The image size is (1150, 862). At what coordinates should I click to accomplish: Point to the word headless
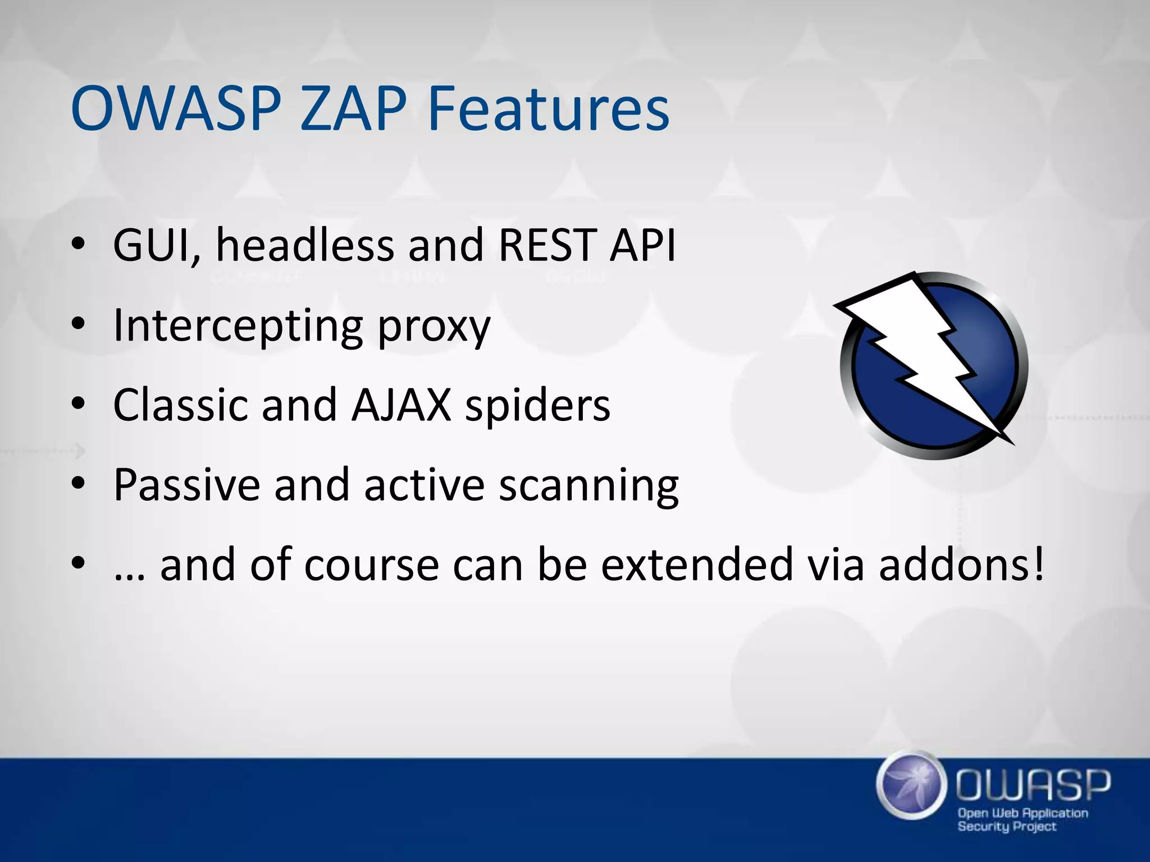(305, 245)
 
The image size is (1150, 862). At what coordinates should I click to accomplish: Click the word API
(642, 245)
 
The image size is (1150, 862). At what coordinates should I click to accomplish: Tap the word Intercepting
(238, 326)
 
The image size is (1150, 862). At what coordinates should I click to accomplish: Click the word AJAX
(401, 405)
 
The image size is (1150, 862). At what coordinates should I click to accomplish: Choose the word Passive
(186, 484)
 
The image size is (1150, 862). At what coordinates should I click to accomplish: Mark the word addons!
(961, 565)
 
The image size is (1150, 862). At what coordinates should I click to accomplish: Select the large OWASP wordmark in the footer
(1033, 785)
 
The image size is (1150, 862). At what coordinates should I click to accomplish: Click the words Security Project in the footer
(1006, 827)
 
